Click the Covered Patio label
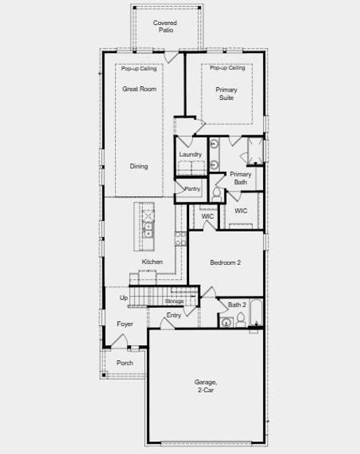[x=165, y=26]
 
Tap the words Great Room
[x=138, y=89]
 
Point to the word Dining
[x=138, y=166]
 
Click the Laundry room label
[x=190, y=154]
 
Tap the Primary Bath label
[x=241, y=178]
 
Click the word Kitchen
[x=152, y=262]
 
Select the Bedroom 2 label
[x=225, y=263]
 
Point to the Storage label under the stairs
[x=174, y=301]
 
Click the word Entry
[x=174, y=315]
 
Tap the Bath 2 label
[x=237, y=305]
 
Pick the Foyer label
[x=125, y=324]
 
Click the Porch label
[x=125, y=363]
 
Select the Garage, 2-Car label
[x=205, y=386]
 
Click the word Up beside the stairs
[x=124, y=298]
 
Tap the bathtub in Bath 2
[x=256, y=315]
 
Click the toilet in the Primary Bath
[x=217, y=194]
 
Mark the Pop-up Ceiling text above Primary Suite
[x=228, y=68]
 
